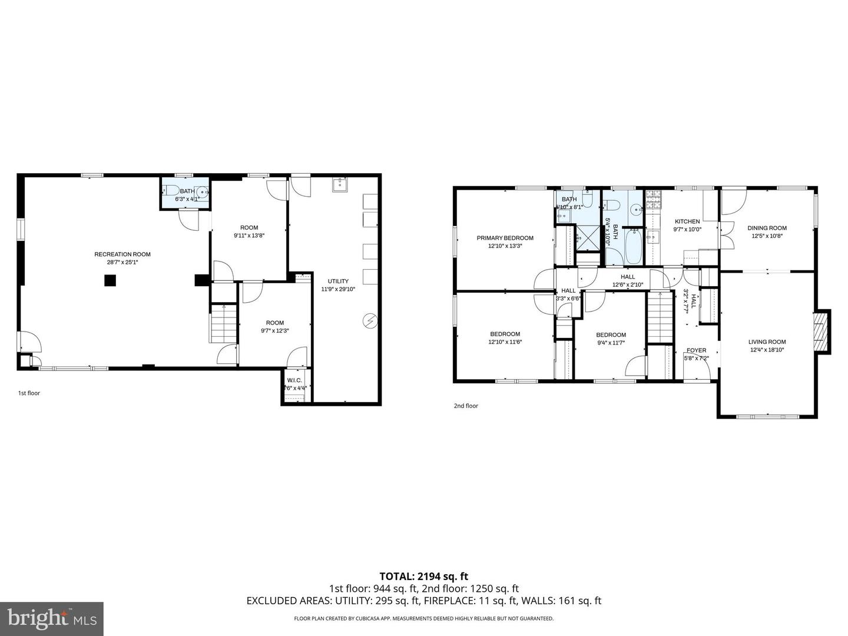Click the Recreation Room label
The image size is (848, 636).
point(122,254)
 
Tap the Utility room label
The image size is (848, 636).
point(338,281)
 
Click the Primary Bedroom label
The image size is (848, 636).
point(505,238)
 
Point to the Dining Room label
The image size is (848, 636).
point(767,228)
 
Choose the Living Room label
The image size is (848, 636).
point(767,342)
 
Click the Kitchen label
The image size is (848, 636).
point(687,221)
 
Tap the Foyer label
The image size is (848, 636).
point(696,350)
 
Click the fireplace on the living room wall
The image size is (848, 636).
point(821,332)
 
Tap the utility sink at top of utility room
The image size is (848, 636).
point(340,185)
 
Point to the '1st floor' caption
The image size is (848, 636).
point(29,393)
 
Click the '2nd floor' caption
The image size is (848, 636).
point(466,406)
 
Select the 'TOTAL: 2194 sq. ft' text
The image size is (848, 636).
point(423,576)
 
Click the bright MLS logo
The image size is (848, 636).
point(52,618)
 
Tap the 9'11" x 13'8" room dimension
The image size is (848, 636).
point(249,236)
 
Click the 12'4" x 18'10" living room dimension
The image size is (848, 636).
point(767,350)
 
